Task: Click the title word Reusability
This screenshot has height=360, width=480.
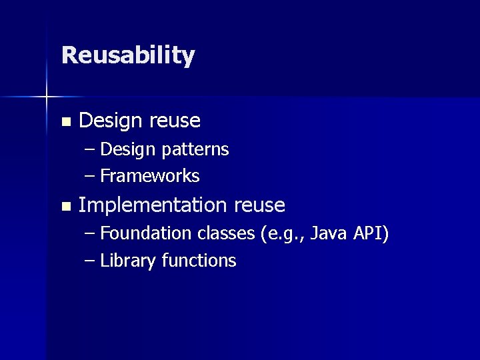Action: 127,55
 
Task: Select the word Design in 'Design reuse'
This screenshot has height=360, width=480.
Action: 110,121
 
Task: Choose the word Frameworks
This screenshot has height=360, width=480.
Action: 150,176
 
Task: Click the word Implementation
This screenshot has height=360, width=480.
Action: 153,205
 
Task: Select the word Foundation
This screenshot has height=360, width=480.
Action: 146,233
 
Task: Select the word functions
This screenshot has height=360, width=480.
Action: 199,261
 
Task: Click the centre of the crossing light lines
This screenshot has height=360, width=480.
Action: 47,97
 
